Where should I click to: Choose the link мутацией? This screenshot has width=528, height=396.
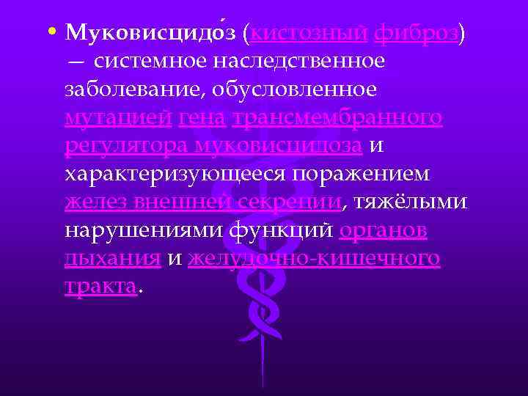pos(118,117)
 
